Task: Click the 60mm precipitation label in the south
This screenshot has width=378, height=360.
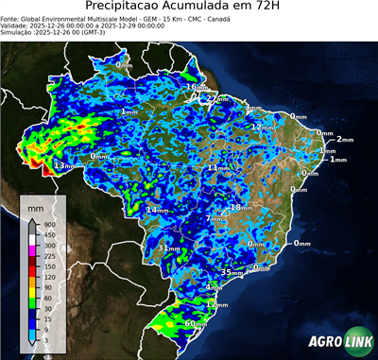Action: (x=196, y=323)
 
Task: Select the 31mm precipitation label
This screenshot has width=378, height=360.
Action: (x=166, y=248)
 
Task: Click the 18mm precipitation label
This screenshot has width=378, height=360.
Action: (x=241, y=207)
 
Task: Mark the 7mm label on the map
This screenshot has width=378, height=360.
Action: (x=215, y=218)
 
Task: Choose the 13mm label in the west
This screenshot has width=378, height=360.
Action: (x=64, y=165)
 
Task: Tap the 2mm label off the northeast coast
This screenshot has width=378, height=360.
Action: (x=343, y=139)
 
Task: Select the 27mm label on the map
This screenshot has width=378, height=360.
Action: (x=216, y=97)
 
